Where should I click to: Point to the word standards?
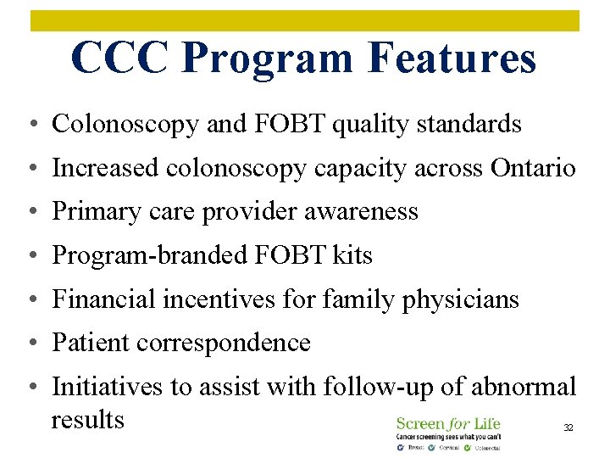[475, 125]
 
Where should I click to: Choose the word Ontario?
[533, 168]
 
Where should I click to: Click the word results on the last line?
[87, 419]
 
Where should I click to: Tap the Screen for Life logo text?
[448, 423]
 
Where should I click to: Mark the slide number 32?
[568, 428]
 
